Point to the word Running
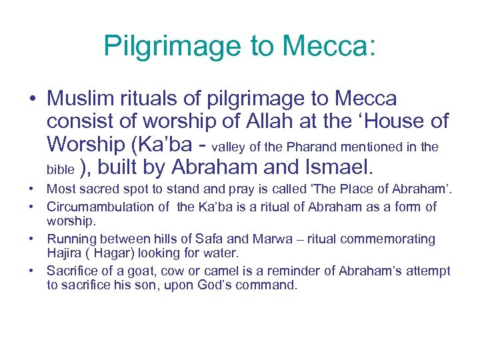tap(70, 239)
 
